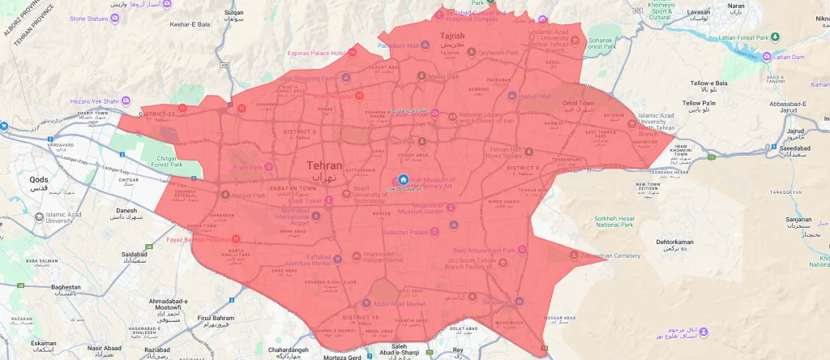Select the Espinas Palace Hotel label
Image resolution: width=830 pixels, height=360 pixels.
pos(318,53)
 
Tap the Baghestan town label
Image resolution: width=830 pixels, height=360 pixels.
pos(66,287)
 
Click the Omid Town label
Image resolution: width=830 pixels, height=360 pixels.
pos(579,104)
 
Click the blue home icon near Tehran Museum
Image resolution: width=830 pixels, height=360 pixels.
pos(404,179)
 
